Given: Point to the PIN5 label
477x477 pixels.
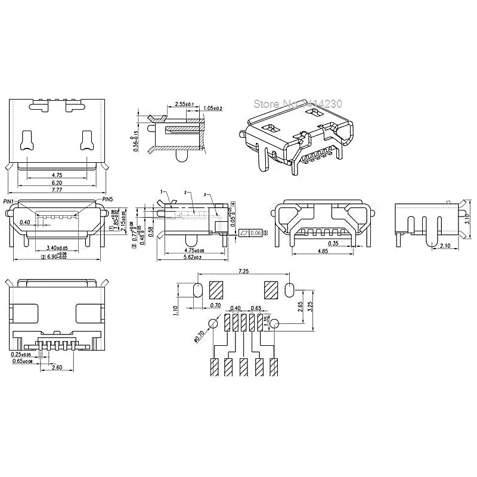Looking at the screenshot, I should (108, 199).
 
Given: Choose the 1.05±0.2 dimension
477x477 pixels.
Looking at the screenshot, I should (213, 108).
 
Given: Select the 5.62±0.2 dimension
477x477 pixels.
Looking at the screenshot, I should (191, 258).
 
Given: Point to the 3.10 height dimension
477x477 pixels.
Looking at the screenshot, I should (467, 218).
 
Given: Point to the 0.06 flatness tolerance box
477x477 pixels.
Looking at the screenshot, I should (255, 232).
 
